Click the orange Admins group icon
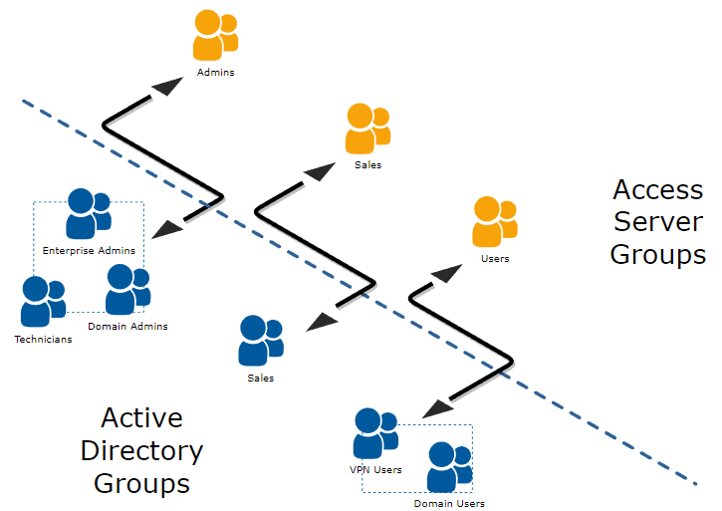pyautogui.click(x=215, y=36)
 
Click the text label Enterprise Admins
pyautogui.click(x=89, y=250)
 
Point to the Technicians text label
pyautogui.click(x=43, y=340)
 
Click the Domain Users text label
pyautogui.click(x=449, y=504)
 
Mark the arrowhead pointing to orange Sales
pyautogui.click(x=322, y=173)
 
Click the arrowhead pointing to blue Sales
pyautogui.click(x=321, y=321)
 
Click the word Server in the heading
pyautogui.click(x=657, y=221)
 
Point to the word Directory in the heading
pyautogui.click(x=141, y=450)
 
